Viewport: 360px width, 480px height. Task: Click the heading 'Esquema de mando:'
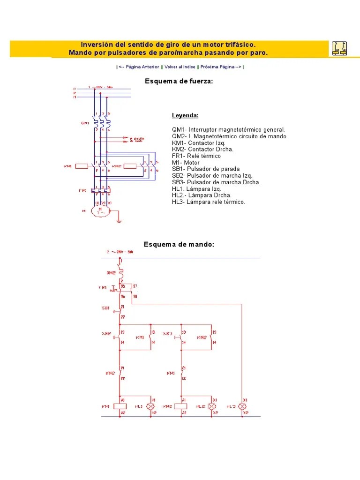pos(179,244)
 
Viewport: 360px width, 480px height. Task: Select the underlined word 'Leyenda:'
pos(185,115)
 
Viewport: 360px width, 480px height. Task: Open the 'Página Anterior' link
pos(139,67)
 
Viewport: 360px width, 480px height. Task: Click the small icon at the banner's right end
pos(340,48)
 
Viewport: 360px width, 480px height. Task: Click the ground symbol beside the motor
pos(120,218)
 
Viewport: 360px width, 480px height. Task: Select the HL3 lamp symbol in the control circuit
pos(242,406)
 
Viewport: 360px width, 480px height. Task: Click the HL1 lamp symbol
pos(151,406)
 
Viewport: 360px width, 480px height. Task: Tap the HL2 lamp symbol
pos(212,406)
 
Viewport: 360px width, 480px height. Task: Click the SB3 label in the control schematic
pos(167,334)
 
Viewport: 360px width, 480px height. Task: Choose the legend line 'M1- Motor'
pos(186,163)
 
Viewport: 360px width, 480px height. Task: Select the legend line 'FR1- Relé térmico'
pos(196,156)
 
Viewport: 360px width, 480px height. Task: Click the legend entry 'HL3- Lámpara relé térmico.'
pos(208,202)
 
